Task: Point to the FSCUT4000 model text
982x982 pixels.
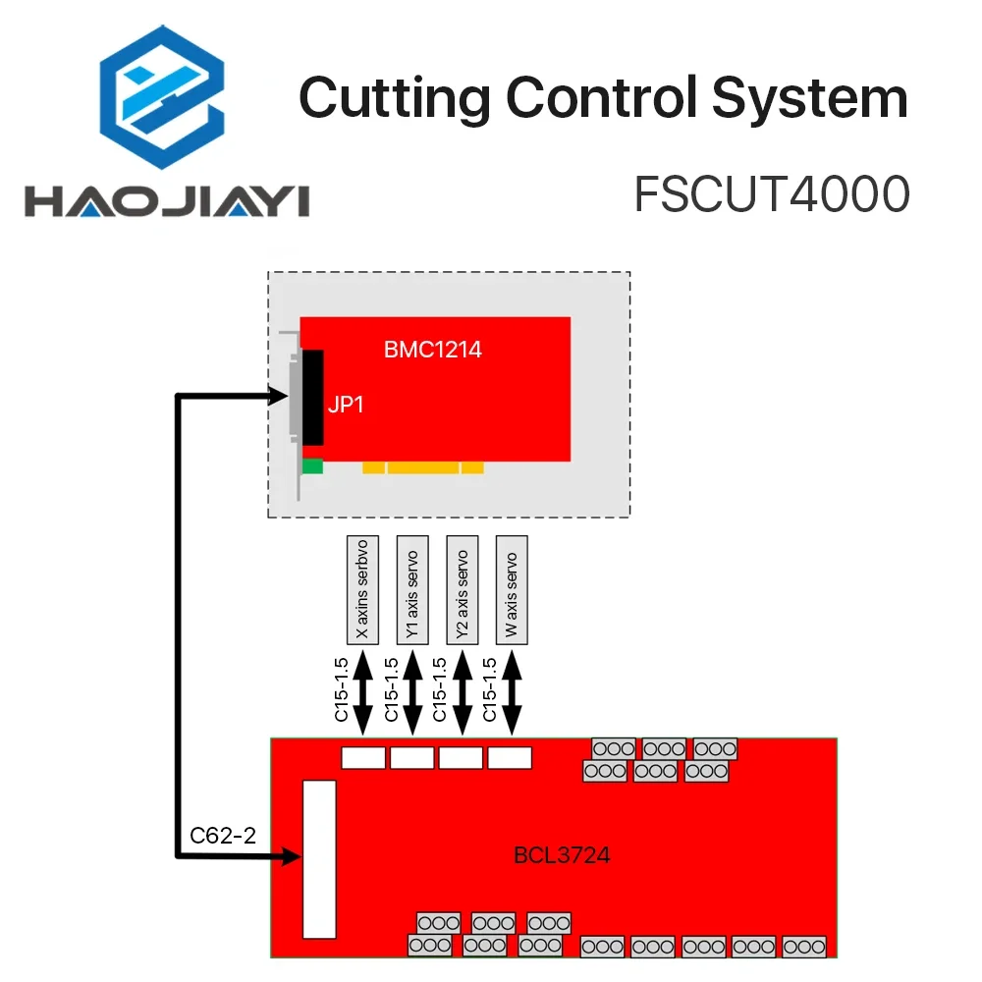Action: click(772, 193)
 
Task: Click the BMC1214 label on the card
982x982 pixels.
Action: click(434, 349)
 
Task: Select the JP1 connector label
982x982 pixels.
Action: click(346, 404)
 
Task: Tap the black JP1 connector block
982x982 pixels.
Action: click(313, 397)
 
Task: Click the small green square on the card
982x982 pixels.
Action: click(312, 465)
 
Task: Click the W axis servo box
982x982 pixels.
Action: click(513, 588)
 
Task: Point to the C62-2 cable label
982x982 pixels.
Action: click(223, 837)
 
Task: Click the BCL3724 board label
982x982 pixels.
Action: click(562, 855)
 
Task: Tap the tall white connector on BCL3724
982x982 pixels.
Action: click(319, 858)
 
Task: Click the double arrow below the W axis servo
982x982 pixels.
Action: click(513, 692)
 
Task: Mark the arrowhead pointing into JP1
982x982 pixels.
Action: click(282, 397)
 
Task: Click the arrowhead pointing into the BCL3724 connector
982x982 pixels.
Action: click(290, 858)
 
